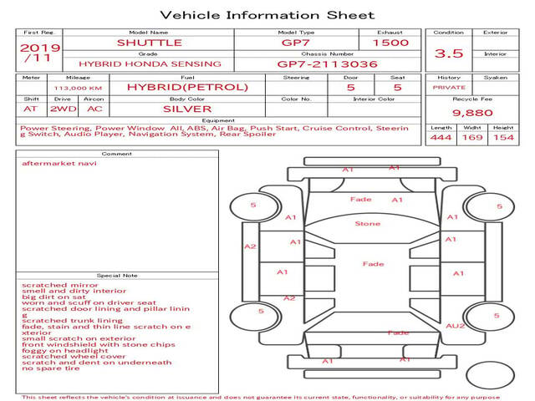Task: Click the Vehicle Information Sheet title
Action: click(267, 15)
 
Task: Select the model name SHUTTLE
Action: click(150, 42)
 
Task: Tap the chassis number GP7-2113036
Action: click(328, 63)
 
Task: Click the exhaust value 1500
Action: click(390, 42)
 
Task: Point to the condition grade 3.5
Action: click(449, 53)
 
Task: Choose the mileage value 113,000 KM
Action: click(78, 87)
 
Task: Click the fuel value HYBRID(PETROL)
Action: click(187, 87)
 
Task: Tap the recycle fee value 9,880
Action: click(472, 112)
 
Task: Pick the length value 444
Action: click(441, 138)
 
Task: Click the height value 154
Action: click(503, 138)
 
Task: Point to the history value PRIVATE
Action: click(449, 87)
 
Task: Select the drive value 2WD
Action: click(60, 109)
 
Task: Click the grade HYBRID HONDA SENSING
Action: click(150, 63)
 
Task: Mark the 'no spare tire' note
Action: click(51, 368)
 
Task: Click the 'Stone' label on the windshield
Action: click(367, 223)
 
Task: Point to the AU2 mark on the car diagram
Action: click(455, 325)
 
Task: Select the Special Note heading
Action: click(117, 275)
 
